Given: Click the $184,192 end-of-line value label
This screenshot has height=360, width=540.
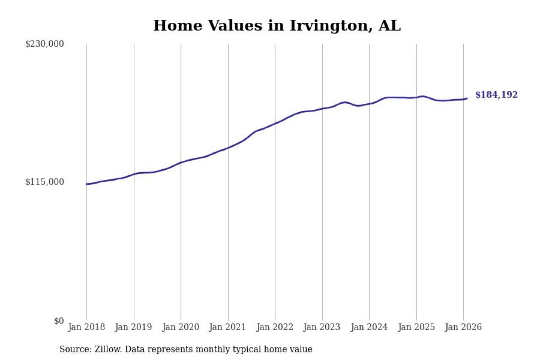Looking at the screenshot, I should [x=496, y=95].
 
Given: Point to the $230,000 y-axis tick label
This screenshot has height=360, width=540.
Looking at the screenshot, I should [x=44, y=44].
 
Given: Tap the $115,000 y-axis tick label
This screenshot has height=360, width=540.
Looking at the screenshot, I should [x=44, y=182].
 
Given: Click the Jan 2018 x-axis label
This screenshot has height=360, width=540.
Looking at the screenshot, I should [x=86, y=328].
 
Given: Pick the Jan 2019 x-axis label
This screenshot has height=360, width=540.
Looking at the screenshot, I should [x=134, y=328].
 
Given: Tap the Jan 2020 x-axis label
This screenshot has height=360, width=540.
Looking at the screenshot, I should [x=181, y=328].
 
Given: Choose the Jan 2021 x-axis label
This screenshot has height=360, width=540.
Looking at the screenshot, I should [x=228, y=328].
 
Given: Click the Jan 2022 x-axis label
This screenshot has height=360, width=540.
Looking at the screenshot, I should [x=275, y=328].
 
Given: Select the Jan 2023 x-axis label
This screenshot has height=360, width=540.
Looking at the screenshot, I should [x=322, y=328].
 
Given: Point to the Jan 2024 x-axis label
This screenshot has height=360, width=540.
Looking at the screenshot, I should [x=369, y=328].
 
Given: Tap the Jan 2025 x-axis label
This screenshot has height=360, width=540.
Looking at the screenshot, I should [x=416, y=328].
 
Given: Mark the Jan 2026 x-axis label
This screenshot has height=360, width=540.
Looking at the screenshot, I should [x=463, y=328].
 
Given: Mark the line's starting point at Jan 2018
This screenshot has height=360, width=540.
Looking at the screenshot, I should [x=86, y=184].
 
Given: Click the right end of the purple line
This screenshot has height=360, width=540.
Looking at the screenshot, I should [x=467, y=98].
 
